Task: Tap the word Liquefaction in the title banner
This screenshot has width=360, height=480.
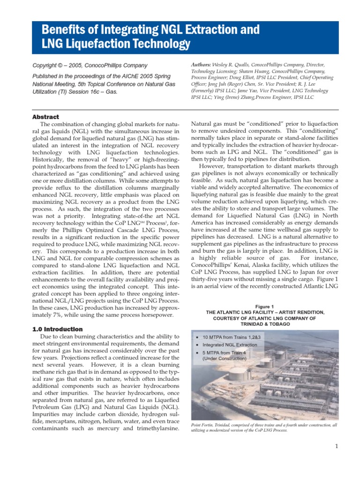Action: pyautogui.click(x=100, y=45)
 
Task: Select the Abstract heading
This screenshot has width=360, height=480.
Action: pyautogui.click(x=45, y=117)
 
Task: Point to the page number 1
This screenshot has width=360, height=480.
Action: pyautogui.click(x=337, y=446)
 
